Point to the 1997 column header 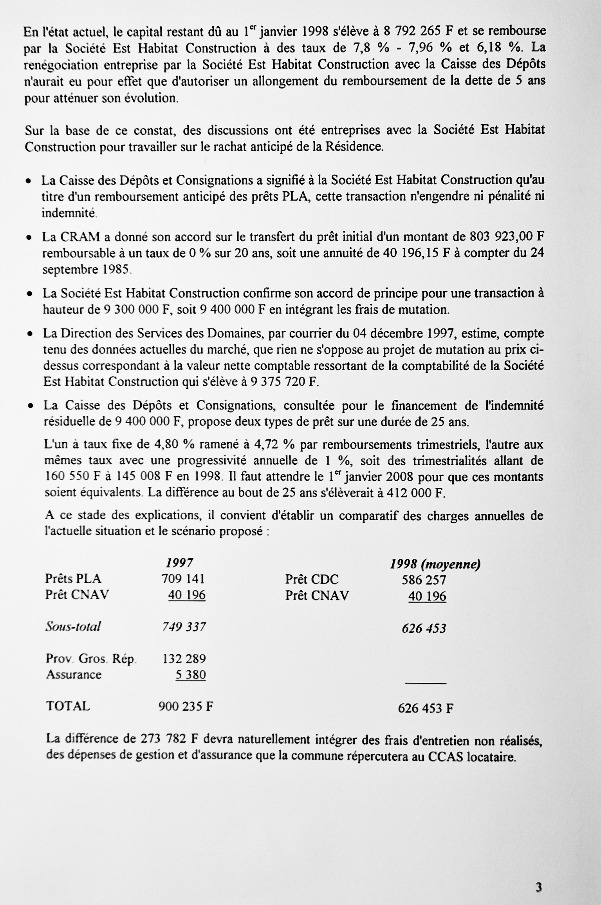click(179, 563)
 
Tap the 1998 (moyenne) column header click(435, 564)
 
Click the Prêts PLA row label click(73, 579)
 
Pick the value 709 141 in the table click(183, 579)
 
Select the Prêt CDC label click(312, 579)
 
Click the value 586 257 click(424, 580)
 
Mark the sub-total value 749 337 click(184, 627)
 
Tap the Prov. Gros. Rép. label click(91, 658)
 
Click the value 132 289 click(184, 658)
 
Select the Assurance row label click(74, 675)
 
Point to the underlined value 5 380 click(191, 675)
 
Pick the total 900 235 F click(186, 706)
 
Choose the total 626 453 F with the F click(426, 708)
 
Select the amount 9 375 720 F click(285, 382)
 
